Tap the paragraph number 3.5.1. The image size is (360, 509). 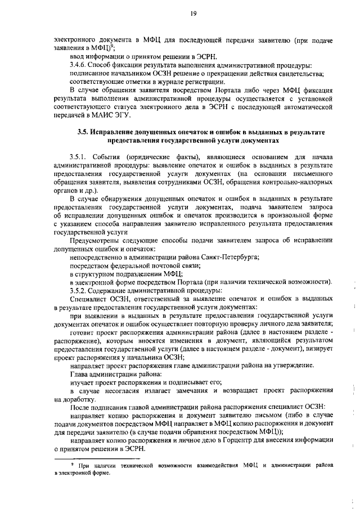[79, 156]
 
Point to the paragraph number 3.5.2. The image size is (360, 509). [79, 290]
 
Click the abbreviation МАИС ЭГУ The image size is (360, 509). [115, 115]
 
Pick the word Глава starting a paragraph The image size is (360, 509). [79, 374]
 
